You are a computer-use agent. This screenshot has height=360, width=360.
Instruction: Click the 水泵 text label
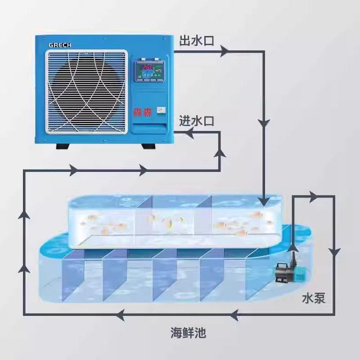click(314, 298)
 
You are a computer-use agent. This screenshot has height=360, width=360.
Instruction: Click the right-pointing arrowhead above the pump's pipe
click(313, 196)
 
